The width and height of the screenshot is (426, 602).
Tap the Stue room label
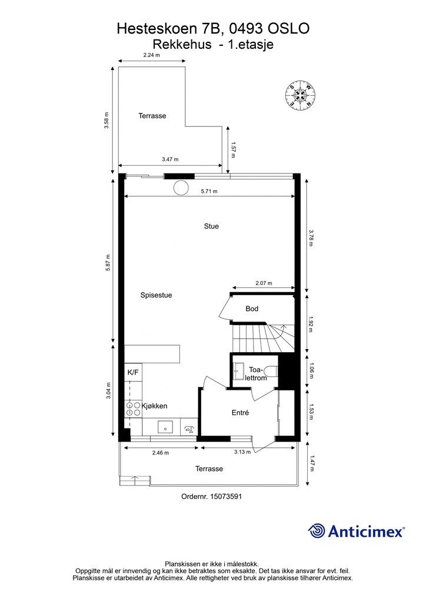[211, 226]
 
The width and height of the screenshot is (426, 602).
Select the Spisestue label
[156, 295]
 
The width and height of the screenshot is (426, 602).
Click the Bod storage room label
[252, 309]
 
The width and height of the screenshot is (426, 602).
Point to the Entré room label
[240, 413]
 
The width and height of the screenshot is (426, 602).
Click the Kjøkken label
[155, 406]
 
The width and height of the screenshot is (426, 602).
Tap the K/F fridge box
[133, 372]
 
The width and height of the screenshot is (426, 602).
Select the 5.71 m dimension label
[209, 192]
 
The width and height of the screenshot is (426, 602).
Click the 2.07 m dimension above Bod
[264, 283]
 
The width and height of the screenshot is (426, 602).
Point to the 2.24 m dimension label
[151, 55]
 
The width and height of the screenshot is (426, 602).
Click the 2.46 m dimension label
[160, 453]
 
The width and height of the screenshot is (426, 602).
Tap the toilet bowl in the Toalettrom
[271, 370]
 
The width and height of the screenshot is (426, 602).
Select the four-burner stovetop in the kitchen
[133, 409]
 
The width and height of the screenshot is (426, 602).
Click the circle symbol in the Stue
[181, 188]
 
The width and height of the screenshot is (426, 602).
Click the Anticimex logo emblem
[317, 531]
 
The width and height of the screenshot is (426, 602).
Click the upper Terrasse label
[152, 116]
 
